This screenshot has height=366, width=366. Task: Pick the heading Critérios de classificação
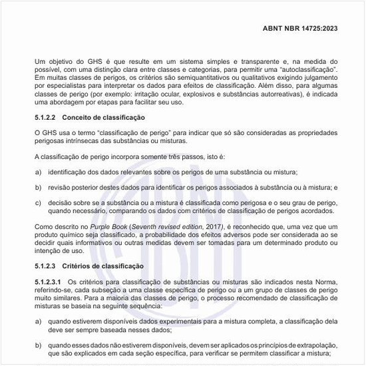(107, 266)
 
